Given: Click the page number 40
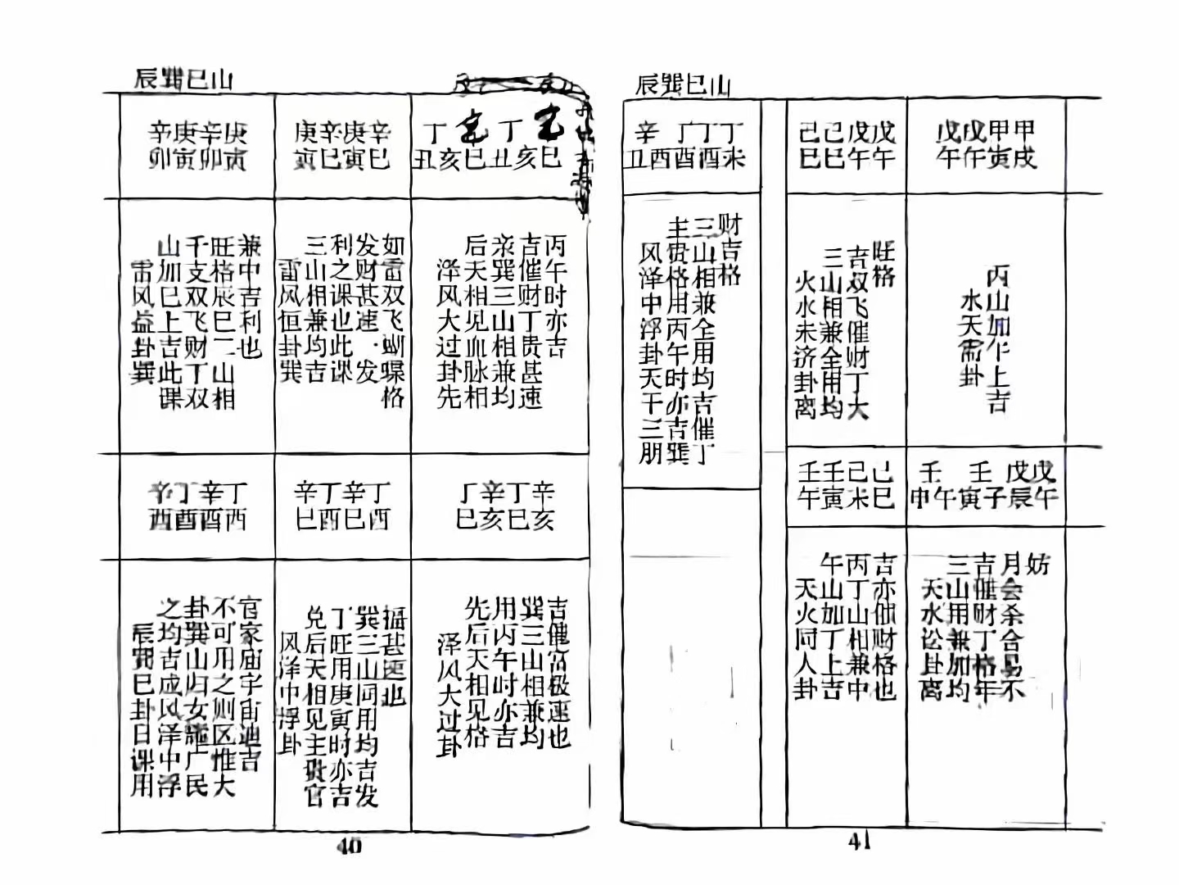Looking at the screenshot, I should click(349, 847).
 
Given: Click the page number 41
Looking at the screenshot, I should click(859, 842).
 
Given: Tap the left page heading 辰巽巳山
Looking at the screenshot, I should click(183, 79).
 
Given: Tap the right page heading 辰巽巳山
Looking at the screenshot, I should click(683, 84).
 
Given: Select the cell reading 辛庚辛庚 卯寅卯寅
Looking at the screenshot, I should click(197, 146).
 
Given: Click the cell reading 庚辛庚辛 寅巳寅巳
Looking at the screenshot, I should click(342, 146).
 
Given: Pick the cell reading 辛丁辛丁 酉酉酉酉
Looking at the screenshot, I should click(197, 506).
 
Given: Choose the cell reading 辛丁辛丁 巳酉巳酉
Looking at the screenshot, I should click(342, 506).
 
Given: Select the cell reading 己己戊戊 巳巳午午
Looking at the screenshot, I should click(847, 145).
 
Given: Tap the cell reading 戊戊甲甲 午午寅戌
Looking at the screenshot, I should click(986, 145).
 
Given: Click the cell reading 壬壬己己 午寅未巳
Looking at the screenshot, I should click(846, 485).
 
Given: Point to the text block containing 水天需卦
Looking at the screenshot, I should click(986, 336).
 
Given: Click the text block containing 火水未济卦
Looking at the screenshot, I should click(845, 332).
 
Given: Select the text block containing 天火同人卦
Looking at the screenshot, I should click(845, 627).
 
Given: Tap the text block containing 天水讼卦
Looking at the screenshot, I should click(984, 627).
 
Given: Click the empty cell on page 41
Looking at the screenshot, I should click(690, 656).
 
